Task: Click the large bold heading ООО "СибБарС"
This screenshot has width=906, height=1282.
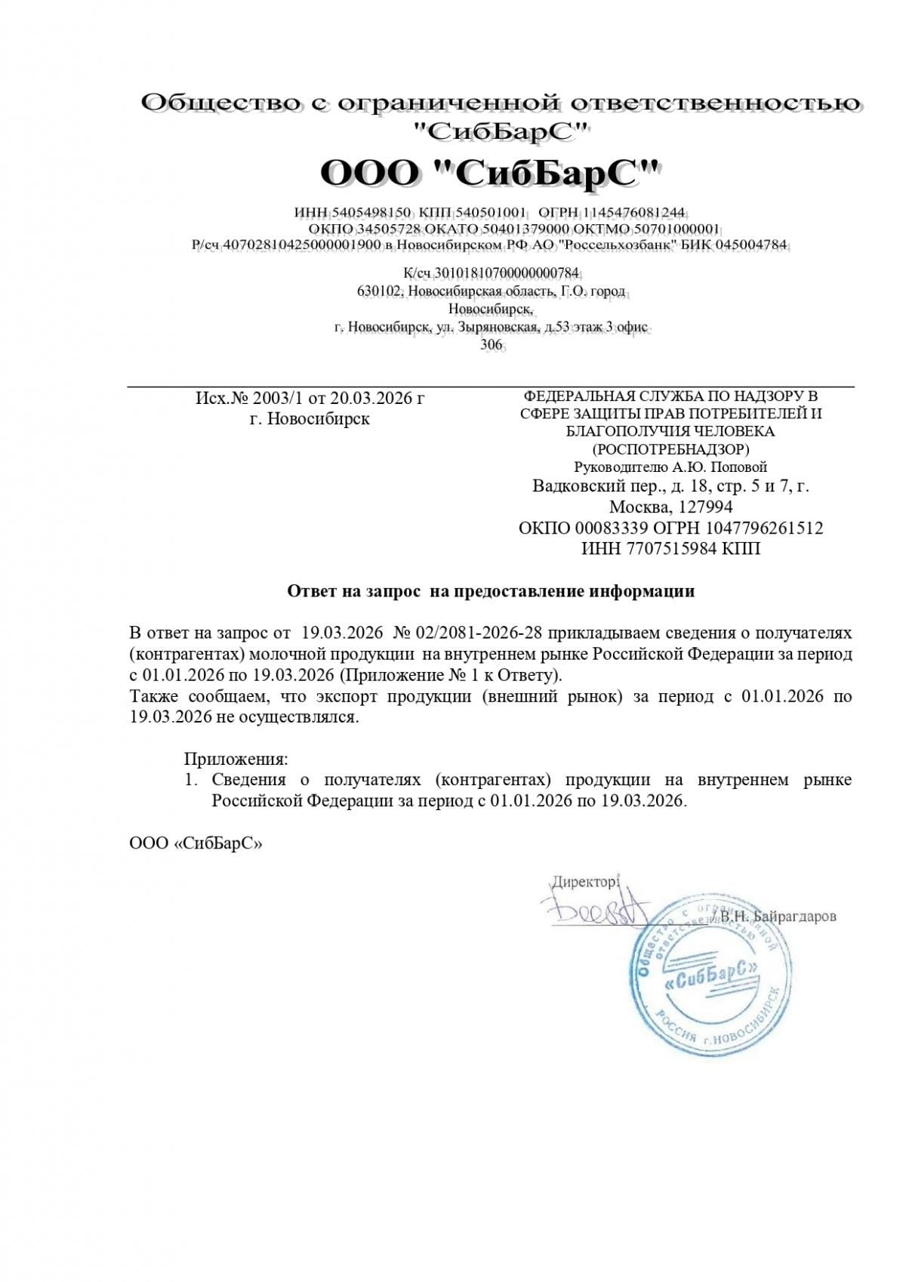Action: click(491, 174)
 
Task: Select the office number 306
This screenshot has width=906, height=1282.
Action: click(492, 344)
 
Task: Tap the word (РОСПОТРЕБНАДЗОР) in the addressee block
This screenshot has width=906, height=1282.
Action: click(670, 449)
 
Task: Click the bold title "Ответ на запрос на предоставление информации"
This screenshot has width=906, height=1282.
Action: click(491, 591)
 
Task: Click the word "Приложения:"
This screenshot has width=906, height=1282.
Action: click(236, 759)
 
